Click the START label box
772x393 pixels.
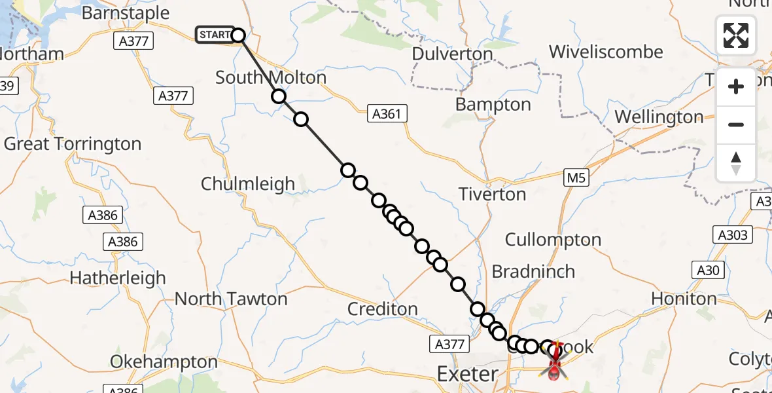click(215, 35)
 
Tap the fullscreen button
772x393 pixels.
click(736, 35)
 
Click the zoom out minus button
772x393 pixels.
click(736, 124)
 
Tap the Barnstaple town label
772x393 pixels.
click(126, 13)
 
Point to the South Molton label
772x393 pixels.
click(271, 77)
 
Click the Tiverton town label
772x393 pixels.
click(492, 194)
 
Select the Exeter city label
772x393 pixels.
click(467, 374)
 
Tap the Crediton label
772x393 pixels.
click(383, 309)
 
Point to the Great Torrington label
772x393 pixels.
click(73, 144)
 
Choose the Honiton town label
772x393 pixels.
click(684, 299)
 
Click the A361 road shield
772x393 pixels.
click(386, 114)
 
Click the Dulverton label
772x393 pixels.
click(452, 54)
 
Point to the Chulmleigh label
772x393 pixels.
click(248, 184)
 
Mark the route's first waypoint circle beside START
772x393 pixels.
click(238, 35)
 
